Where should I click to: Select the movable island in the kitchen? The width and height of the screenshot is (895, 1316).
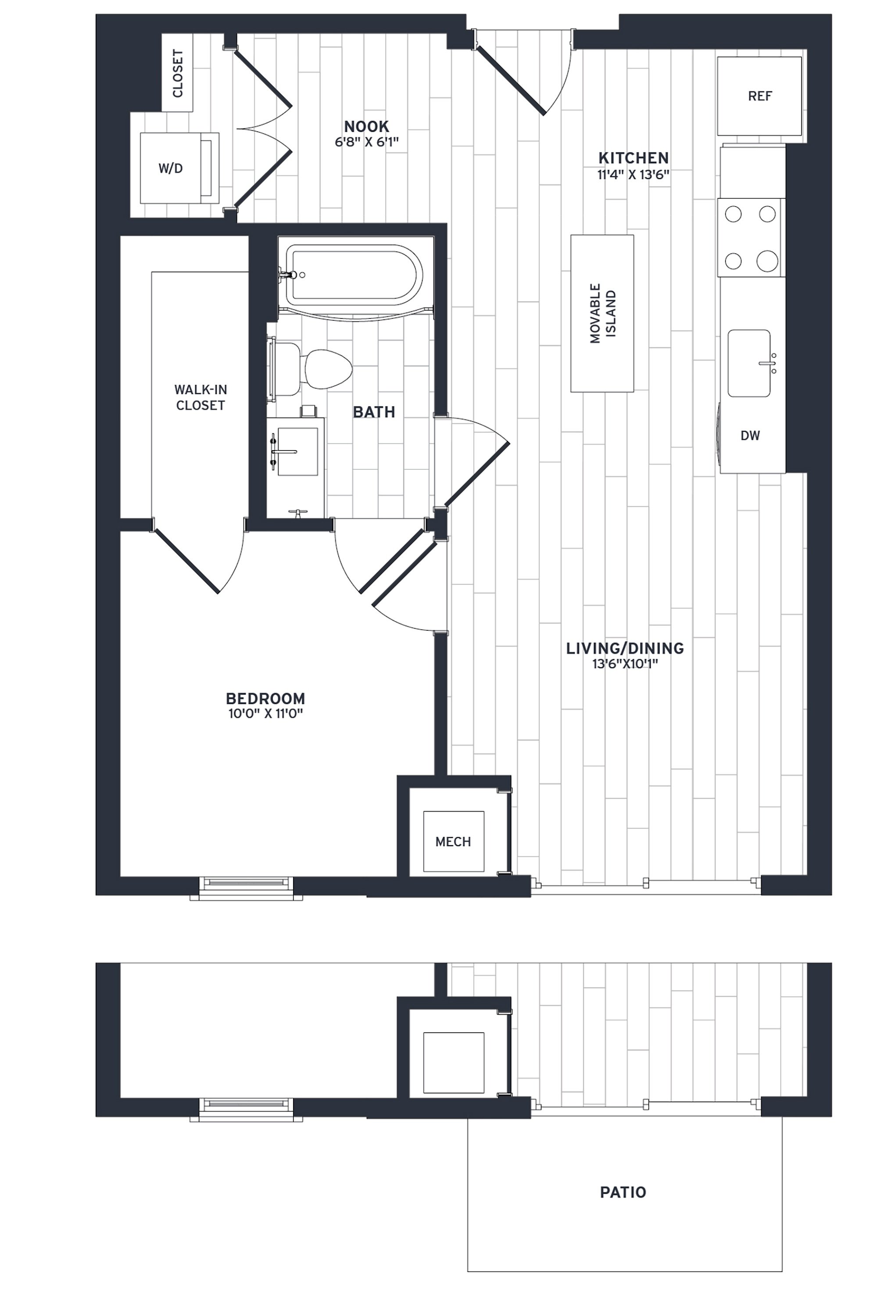click(x=601, y=313)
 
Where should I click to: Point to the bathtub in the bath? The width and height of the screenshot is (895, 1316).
click(x=354, y=275)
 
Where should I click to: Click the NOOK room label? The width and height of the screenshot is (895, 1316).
click(x=366, y=126)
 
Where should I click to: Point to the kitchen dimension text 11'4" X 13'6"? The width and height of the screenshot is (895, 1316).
click(x=633, y=175)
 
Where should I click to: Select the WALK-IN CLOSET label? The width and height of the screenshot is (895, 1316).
click(x=200, y=397)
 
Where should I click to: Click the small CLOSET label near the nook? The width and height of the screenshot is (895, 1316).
click(x=177, y=73)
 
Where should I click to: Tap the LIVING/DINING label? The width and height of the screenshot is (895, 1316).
click(x=625, y=648)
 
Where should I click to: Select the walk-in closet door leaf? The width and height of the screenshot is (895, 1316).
click(x=187, y=561)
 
